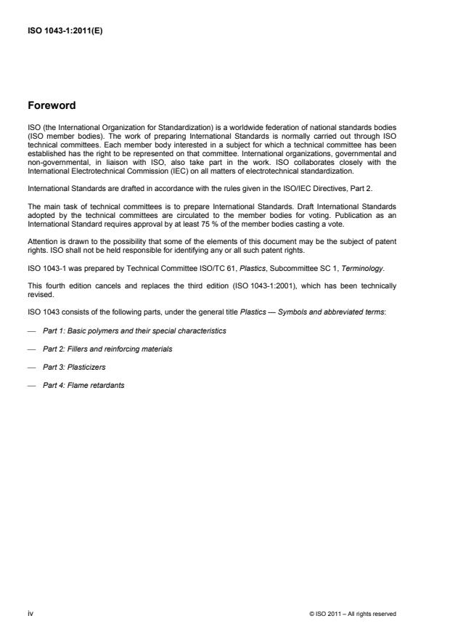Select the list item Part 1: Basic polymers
click(134, 330)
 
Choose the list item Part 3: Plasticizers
click(75, 367)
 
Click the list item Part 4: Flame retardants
click(83, 385)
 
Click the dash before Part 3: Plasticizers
click(30, 367)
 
